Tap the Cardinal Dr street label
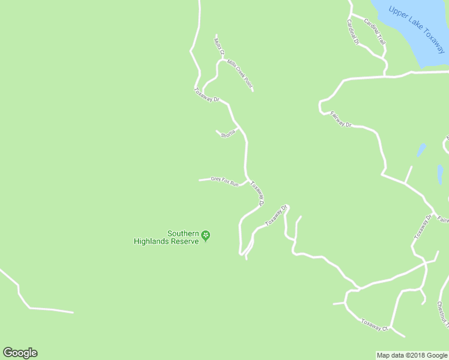click(352, 32)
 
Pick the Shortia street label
click(228, 135)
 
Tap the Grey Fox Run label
click(224, 181)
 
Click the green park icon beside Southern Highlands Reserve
click(206, 235)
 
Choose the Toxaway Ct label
click(375, 325)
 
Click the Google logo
click(20, 353)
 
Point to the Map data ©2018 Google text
click(411, 355)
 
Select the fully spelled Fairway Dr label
click(340, 120)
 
